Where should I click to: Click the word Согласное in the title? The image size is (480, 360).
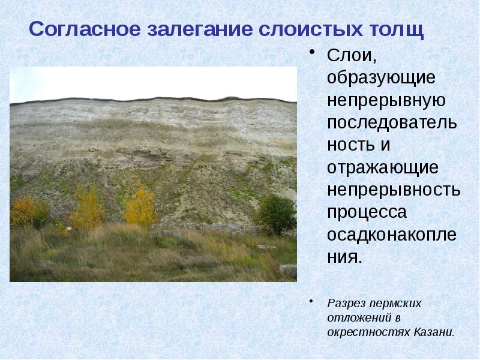(82, 29)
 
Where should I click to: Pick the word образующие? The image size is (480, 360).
(382, 78)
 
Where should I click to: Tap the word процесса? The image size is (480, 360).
(367, 212)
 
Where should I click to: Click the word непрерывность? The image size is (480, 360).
(394, 190)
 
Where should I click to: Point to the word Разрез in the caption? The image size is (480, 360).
(346, 304)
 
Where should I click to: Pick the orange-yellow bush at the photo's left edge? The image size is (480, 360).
(22, 209)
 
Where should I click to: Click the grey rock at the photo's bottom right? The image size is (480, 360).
(287, 271)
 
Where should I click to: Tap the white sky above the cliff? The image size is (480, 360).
(150, 81)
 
